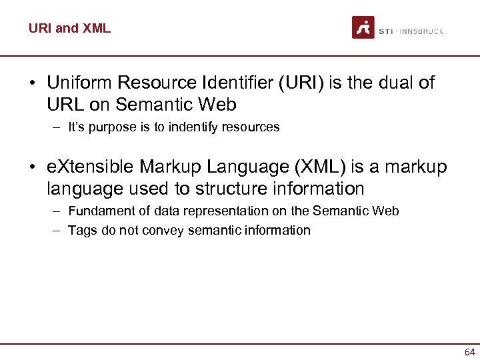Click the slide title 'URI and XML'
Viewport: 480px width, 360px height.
[69, 28]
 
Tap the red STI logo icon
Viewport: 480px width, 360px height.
[363, 27]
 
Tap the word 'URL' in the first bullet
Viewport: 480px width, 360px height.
[64, 105]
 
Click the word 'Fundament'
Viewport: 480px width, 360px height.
[99, 211]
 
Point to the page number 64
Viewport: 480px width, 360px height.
[469, 352]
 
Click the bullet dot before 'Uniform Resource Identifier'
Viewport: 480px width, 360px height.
[31, 84]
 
